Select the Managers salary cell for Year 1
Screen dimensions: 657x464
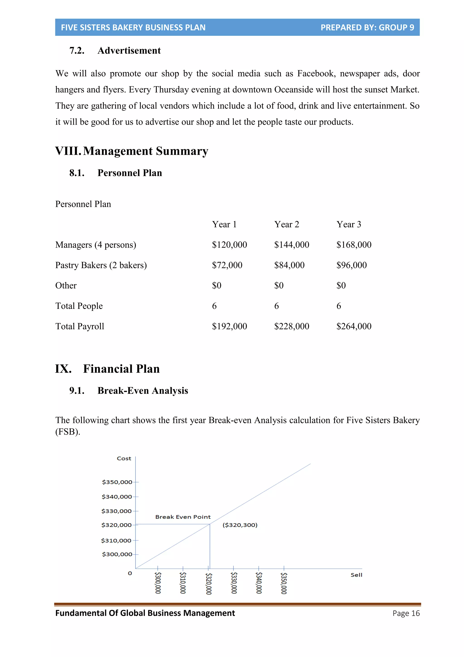pos(229,245)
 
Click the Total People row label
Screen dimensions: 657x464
pos(79,306)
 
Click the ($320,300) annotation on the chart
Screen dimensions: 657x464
pos(240,525)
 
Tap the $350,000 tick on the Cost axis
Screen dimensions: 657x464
pos(117,482)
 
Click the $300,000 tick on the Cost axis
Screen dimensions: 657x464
pos(117,554)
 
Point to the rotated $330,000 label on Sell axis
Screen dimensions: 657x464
pos(234,583)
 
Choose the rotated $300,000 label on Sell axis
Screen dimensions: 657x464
pos(158,583)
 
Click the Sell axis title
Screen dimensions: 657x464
pos(356,575)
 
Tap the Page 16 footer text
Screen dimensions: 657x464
pos(406,613)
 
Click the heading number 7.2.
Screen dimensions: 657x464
pos(77,51)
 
